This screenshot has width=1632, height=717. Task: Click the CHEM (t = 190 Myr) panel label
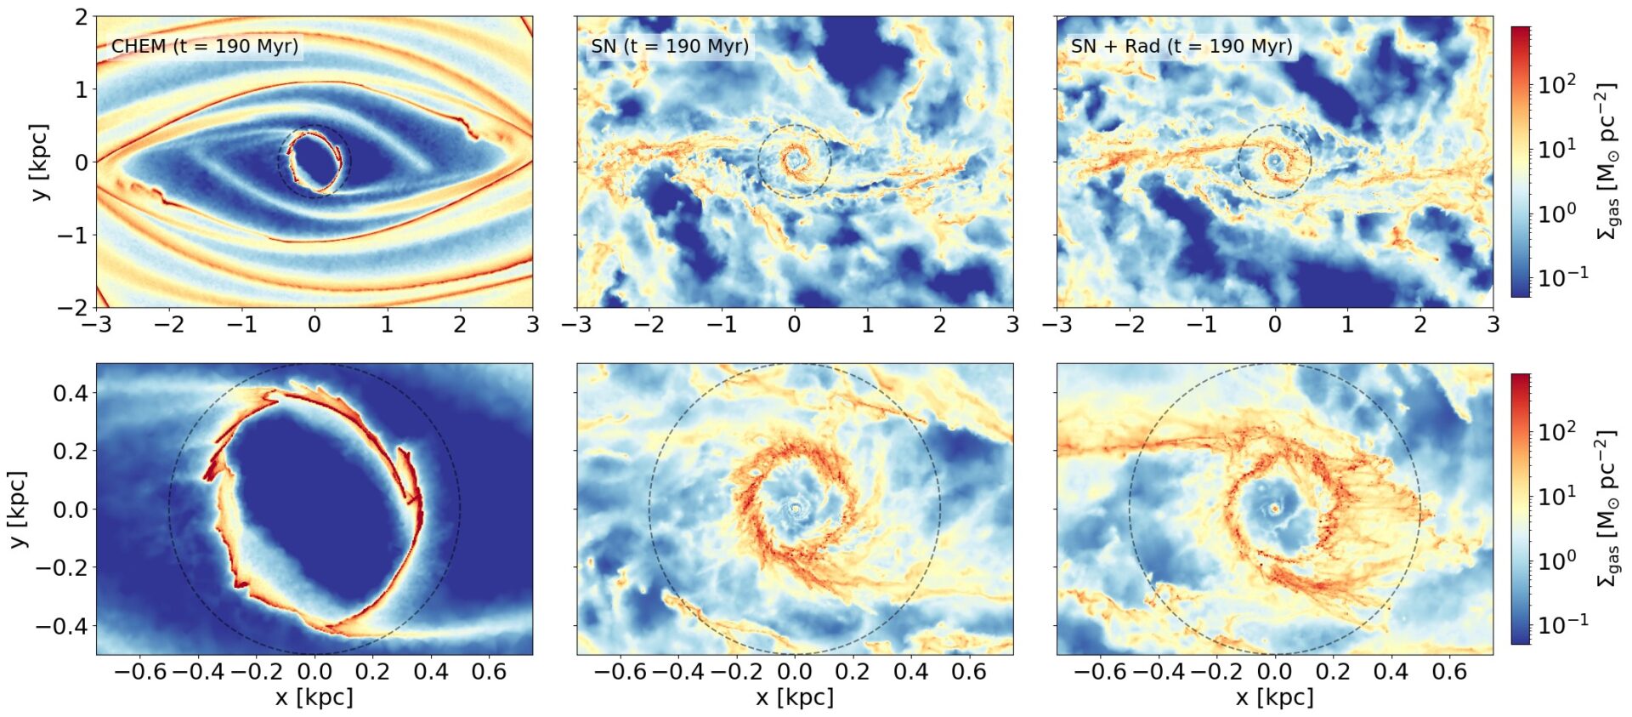(205, 46)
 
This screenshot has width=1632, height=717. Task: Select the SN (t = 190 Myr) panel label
(670, 46)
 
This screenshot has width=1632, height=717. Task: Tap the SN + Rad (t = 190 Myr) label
(1181, 46)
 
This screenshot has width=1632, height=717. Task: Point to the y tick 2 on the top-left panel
(81, 17)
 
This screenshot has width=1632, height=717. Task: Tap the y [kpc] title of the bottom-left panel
(18, 509)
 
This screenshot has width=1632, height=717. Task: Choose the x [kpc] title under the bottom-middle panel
(795, 697)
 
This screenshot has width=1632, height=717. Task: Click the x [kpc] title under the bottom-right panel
(1275, 697)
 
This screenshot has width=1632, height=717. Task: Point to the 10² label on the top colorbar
(1556, 84)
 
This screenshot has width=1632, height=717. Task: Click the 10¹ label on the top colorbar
(1556, 149)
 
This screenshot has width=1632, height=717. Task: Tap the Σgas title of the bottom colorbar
(1606, 509)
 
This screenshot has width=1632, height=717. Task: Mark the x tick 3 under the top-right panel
(1493, 324)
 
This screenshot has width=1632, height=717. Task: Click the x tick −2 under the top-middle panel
(649, 324)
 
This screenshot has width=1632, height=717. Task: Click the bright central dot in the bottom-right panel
(1275, 509)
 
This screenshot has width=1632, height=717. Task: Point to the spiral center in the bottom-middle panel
(796, 509)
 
